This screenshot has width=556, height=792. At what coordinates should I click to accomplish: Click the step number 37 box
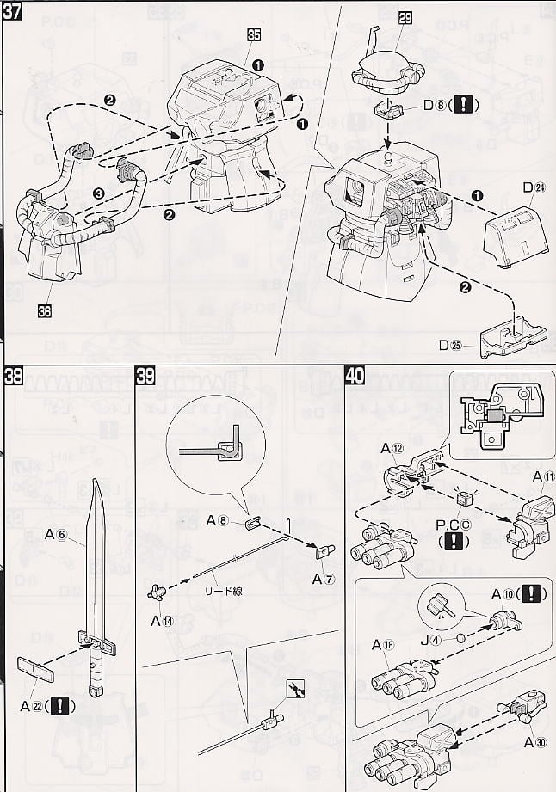tap(13, 14)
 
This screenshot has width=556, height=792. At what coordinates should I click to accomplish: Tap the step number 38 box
tap(13, 375)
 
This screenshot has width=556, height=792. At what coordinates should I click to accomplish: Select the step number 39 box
tap(146, 375)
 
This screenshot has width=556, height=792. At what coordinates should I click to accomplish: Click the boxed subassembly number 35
tap(254, 35)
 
